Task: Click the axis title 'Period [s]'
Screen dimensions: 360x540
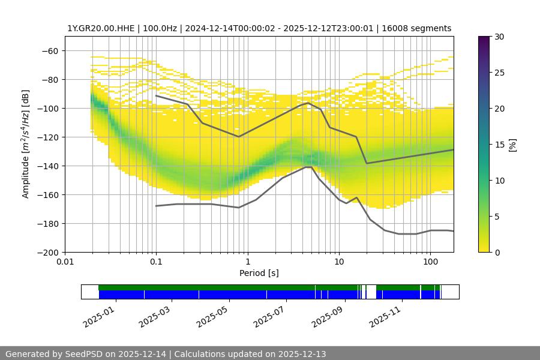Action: (259, 273)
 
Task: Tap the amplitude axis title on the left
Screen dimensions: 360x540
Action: (26, 144)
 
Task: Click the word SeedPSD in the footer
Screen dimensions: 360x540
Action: (85, 354)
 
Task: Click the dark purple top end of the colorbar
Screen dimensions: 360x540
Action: (485, 40)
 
